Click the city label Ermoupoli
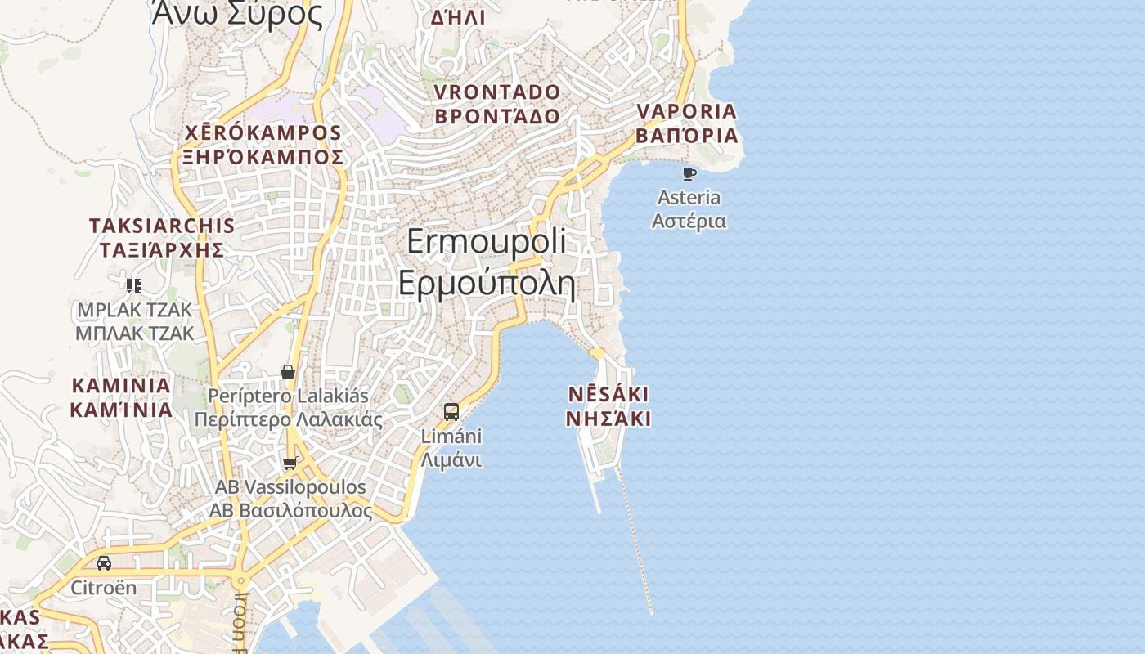click(x=486, y=241)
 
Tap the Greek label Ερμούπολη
click(x=486, y=283)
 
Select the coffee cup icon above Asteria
click(x=689, y=173)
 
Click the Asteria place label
click(x=689, y=198)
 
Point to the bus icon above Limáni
click(x=451, y=411)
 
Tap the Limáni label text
click(x=451, y=437)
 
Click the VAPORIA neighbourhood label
click(x=687, y=111)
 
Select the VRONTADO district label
click(x=497, y=92)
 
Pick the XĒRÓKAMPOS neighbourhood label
click(x=263, y=132)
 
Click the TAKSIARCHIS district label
click(x=162, y=226)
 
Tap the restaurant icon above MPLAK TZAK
click(x=134, y=285)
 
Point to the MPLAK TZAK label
click(x=134, y=310)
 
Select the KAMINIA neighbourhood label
click(x=121, y=385)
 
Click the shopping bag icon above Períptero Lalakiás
click(x=288, y=372)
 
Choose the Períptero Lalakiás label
click(x=288, y=396)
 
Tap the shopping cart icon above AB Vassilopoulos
click(x=290, y=464)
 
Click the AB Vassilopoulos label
click(x=290, y=487)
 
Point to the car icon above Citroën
click(x=104, y=563)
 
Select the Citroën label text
click(x=104, y=588)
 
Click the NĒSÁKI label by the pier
click(x=608, y=395)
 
